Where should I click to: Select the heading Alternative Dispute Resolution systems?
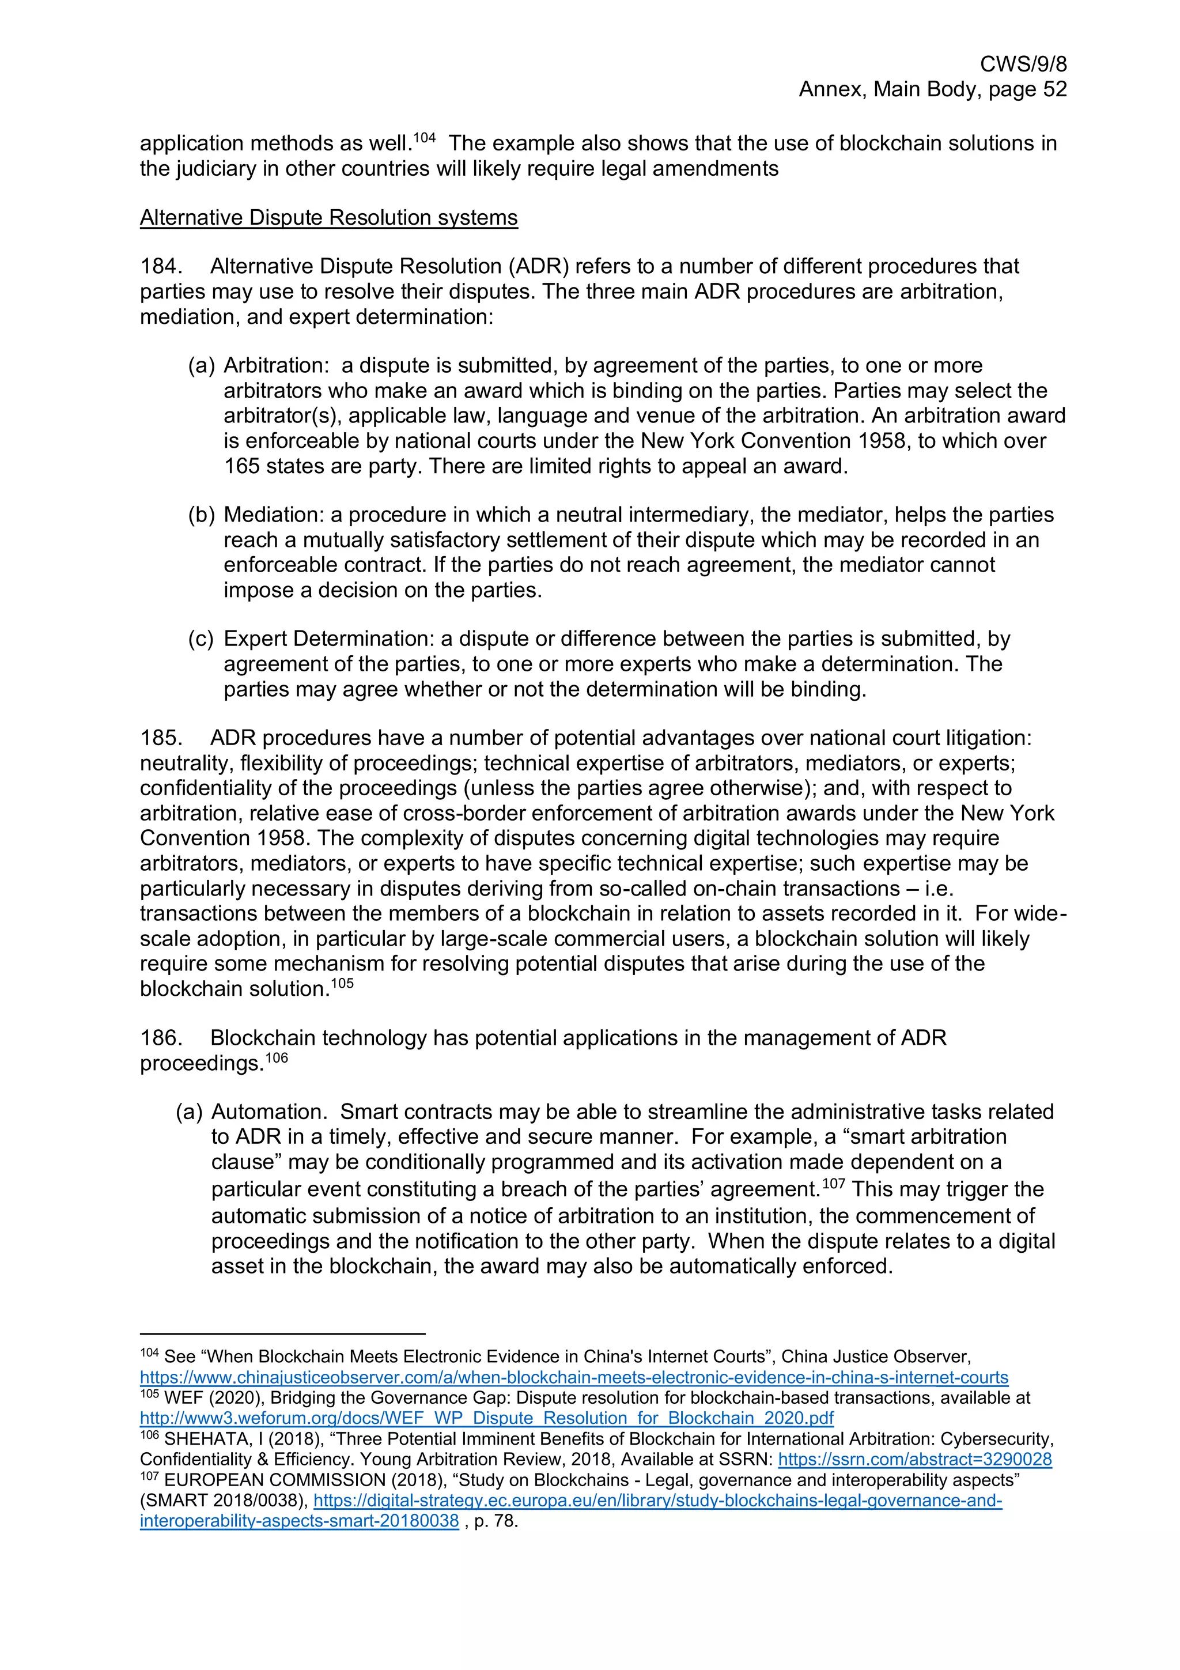328,217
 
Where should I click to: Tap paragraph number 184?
160,266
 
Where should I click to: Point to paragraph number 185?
160,738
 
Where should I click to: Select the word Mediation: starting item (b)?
273,515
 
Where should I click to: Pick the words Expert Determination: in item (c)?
328,638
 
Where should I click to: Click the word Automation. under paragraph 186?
269,1112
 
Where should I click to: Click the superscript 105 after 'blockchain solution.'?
342,983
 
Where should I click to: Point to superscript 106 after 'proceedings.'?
277,1057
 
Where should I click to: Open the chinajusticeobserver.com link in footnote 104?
574,1378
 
